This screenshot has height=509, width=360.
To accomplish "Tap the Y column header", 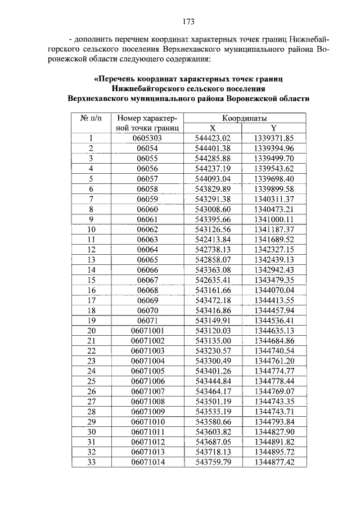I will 274,128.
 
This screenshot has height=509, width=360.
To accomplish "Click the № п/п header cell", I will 91,119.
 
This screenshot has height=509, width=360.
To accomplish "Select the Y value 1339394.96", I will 274,148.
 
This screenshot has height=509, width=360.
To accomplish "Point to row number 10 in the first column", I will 91,229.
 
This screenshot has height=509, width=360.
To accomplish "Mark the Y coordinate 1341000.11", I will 274,219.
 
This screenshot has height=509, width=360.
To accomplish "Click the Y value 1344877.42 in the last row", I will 274,462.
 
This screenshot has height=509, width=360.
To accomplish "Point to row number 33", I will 91,462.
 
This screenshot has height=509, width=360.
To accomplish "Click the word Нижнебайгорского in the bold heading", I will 147,88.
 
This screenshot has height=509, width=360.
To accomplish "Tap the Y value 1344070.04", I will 274,290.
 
